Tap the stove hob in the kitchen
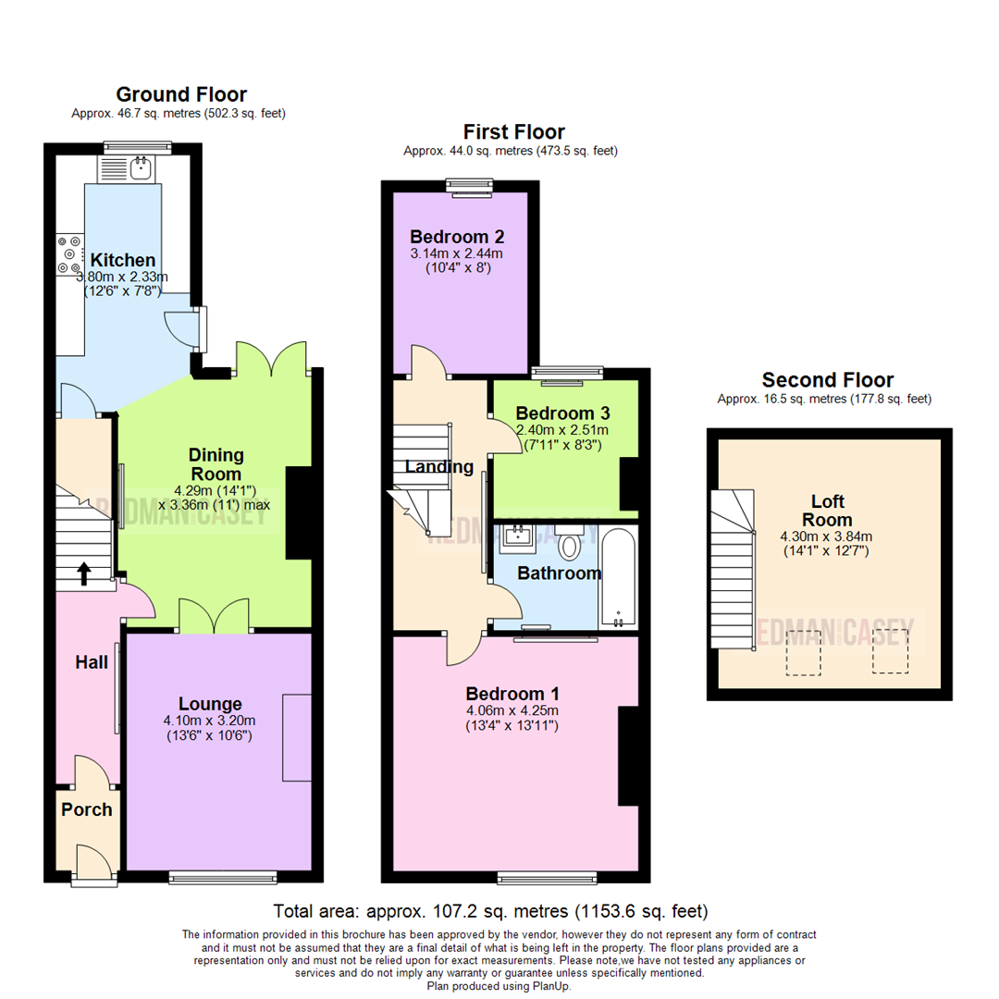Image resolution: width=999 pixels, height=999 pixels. (x=68, y=254)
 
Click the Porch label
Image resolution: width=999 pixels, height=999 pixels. (x=86, y=809)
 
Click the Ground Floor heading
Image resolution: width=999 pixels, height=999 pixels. (x=181, y=94)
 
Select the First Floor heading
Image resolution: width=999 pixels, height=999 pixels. (x=513, y=132)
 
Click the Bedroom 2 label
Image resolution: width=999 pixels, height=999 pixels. (x=458, y=235)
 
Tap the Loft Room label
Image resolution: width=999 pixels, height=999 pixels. (x=827, y=511)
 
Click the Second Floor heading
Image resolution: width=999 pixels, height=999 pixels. (x=827, y=380)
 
